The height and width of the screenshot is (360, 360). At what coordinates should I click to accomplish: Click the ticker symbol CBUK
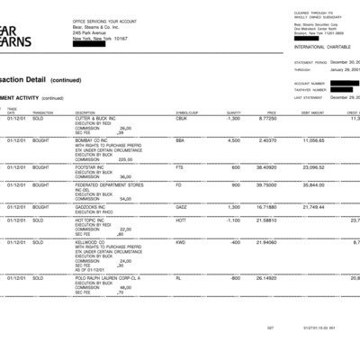[181, 118]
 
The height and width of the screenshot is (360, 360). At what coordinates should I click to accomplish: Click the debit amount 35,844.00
[311, 184]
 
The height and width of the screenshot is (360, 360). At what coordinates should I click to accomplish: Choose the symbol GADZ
[181, 207]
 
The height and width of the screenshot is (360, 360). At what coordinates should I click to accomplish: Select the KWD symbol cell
[180, 242]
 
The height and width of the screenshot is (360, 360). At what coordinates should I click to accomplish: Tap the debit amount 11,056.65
[311, 140]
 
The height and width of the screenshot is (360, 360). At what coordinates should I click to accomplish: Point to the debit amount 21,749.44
[311, 207]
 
